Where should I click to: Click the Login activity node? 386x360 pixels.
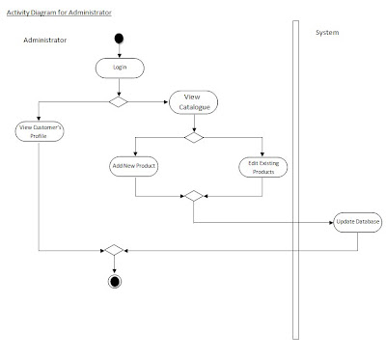pyautogui.click(x=119, y=68)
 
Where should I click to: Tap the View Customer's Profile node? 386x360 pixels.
pyautogui.click(x=40, y=130)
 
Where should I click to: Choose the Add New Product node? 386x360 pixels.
pyautogui.click(x=134, y=166)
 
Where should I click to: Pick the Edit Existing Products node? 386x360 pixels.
pyautogui.click(x=261, y=166)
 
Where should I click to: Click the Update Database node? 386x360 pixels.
pyautogui.click(x=358, y=222)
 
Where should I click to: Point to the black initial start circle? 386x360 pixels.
pyautogui.click(x=119, y=40)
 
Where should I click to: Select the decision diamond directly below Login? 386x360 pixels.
pyautogui.click(x=119, y=100)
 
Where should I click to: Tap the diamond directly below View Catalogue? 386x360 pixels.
pyautogui.click(x=194, y=138)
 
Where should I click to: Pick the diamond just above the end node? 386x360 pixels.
pyautogui.click(x=115, y=250)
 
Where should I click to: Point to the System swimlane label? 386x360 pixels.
pyautogui.click(x=328, y=33)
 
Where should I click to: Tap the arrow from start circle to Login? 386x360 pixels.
pyautogui.click(x=119, y=51)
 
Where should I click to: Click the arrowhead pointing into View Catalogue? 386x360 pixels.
pyautogui.click(x=165, y=100)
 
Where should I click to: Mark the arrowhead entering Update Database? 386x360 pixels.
pyautogui.click(x=330, y=222)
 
